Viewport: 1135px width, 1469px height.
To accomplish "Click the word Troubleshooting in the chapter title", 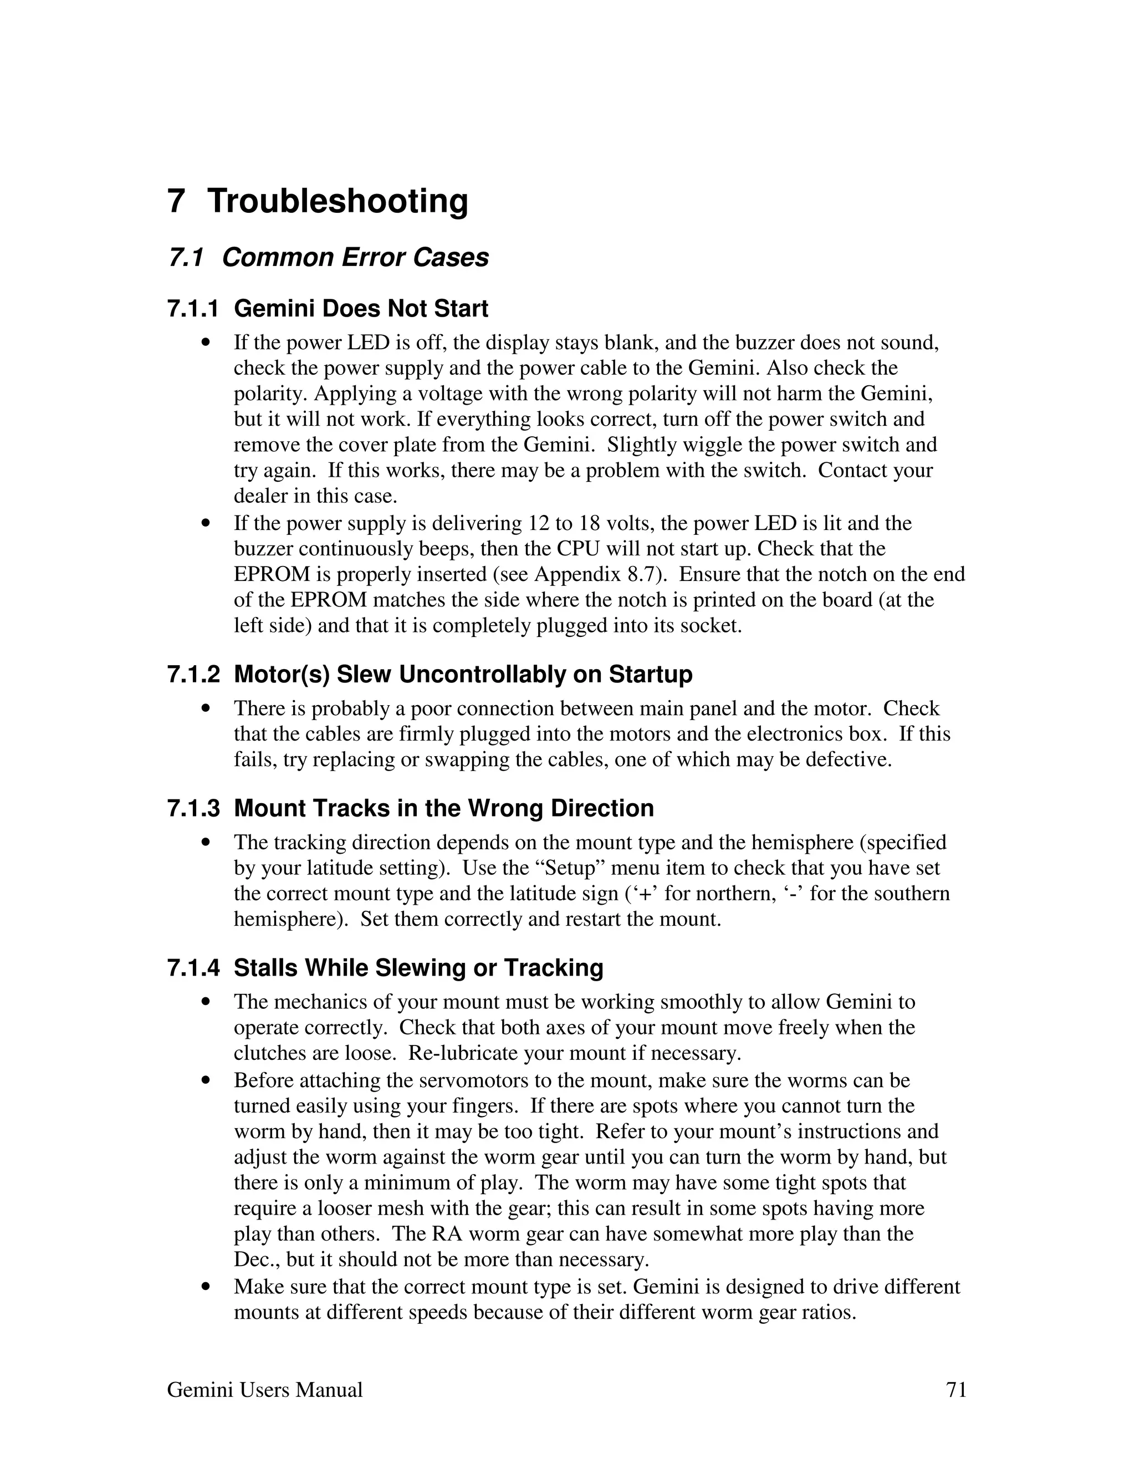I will click(x=338, y=201).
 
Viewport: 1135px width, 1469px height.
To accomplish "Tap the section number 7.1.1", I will click(x=193, y=309).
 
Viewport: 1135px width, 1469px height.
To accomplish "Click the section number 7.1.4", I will click(x=193, y=968).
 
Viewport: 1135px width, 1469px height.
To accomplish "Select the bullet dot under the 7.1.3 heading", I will click(x=206, y=842).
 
